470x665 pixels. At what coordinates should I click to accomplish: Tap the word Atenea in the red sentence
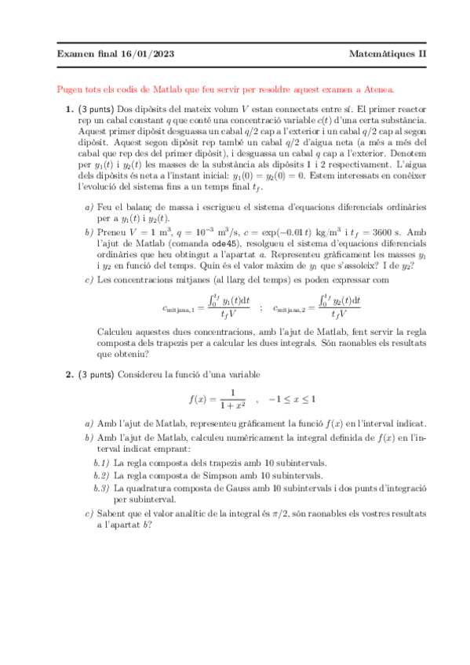[377, 90]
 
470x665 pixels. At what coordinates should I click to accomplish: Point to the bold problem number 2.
[69, 374]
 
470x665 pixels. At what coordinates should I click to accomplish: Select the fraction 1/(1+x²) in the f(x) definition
[232, 399]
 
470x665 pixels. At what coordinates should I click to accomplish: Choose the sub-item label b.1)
[100, 463]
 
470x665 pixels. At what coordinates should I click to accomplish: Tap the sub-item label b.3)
[100, 488]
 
